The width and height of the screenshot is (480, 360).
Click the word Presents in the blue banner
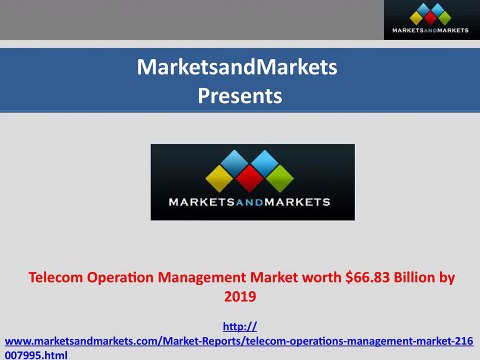coord(240,97)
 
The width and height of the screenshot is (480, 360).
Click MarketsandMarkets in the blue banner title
coord(240,68)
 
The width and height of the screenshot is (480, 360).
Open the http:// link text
coord(240,325)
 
